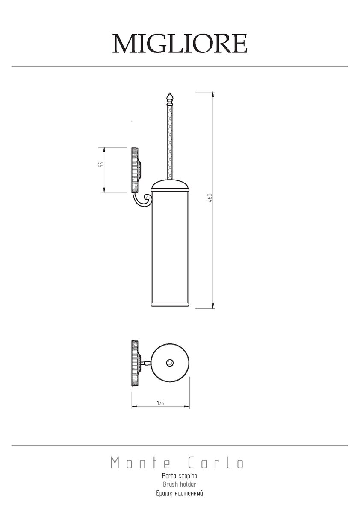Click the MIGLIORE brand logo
(180, 44)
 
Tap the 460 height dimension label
(210, 198)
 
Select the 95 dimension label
(101, 165)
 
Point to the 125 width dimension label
(161, 403)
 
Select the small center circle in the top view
(170, 363)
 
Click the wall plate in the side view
(135, 170)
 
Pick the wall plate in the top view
(135, 363)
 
